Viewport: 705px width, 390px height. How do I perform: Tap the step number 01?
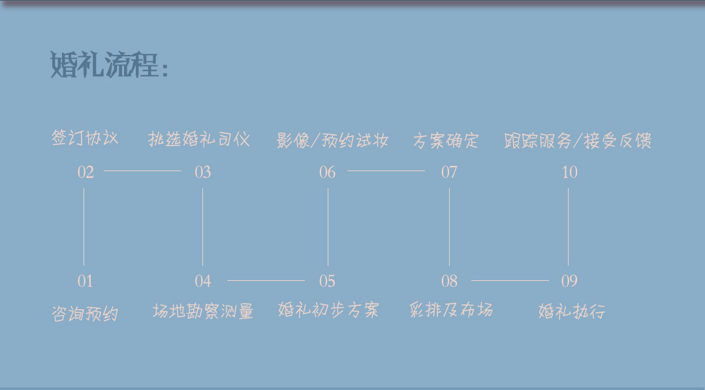click(86, 281)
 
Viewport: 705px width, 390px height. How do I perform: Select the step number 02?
click(86, 172)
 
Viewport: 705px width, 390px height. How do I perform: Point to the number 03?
click(203, 172)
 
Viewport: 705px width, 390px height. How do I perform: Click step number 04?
click(203, 281)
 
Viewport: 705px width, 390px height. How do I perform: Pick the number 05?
click(327, 281)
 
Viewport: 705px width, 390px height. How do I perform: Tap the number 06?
click(327, 172)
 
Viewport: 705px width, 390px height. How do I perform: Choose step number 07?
click(449, 172)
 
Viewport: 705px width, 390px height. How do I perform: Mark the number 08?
click(449, 281)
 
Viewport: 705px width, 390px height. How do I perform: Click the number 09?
click(569, 281)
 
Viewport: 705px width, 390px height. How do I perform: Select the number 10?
click(570, 172)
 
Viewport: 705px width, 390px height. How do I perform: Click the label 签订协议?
click(85, 138)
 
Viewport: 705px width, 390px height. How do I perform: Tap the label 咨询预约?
click(85, 314)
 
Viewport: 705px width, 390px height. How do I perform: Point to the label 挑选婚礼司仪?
click(198, 139)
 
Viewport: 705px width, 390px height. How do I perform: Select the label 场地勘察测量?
click(203, 311)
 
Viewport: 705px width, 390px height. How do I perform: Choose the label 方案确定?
click(446, 141)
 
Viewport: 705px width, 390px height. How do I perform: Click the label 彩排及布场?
click(452, 310)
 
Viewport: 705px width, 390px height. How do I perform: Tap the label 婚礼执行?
click(572, 311)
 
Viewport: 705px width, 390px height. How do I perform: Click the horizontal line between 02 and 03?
click(142, 171)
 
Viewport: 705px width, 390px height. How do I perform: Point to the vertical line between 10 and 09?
click(569, 227)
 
